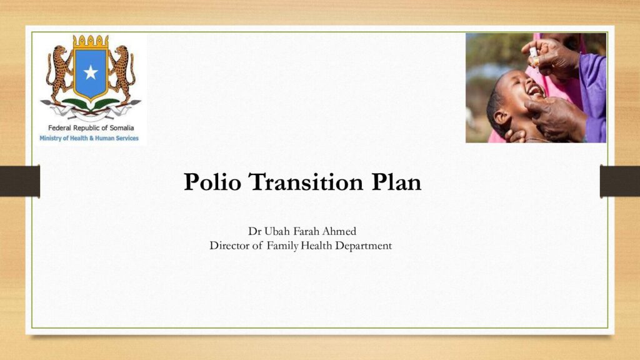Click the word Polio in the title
212,182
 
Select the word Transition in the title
306,182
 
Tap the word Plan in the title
396,182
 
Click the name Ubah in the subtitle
277,231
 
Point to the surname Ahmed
339,231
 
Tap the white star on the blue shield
91,72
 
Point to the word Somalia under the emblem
122,127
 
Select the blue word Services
127,138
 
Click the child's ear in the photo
501,118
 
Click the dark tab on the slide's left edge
20,181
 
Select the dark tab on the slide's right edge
619,181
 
